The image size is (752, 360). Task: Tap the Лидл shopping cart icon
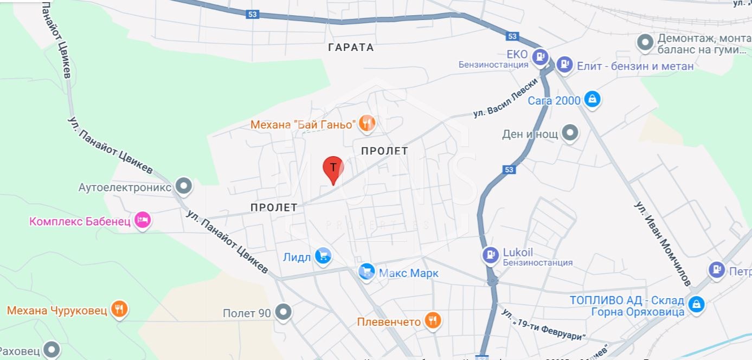pos(324,256)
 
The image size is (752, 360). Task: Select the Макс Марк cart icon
pos(367,272)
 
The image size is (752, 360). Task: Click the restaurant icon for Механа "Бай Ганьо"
pos(367,124)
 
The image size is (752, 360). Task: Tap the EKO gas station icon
pos(540,56)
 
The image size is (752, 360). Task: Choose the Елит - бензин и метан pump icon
pos(564,65)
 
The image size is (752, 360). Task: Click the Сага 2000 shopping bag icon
pos(593,99)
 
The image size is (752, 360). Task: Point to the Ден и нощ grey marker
pos(570,133)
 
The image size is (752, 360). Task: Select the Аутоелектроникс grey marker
pos(184,187)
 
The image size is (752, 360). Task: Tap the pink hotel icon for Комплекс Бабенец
pos(143,220)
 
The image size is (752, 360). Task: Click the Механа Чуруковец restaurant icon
pos(119,309)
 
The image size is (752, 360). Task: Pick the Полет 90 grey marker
pos(283,312)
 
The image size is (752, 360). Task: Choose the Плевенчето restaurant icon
pos(432,321)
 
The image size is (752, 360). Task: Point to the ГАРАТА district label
pos(351,48)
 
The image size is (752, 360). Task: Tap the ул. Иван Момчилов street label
pos(663,243)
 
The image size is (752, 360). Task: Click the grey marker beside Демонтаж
pos(645,42)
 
